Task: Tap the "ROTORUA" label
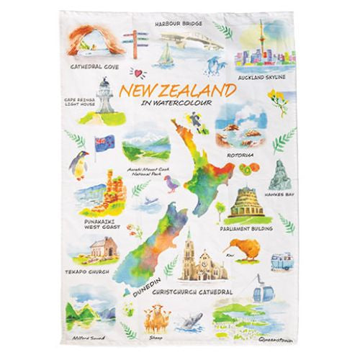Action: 256,152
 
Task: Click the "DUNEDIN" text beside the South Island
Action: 145,284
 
